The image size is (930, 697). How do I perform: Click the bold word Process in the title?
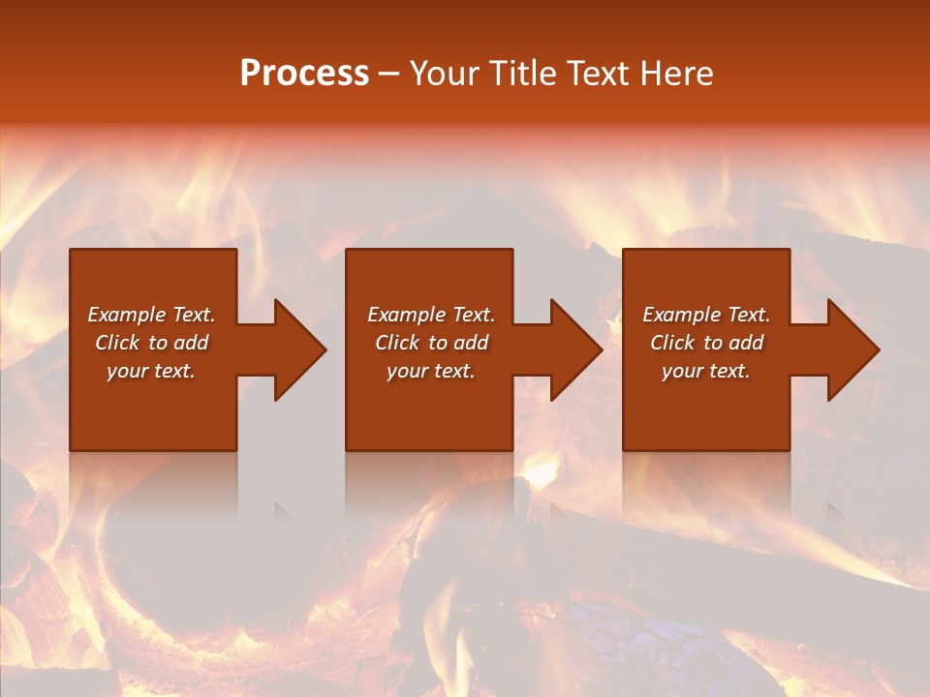(304, 74)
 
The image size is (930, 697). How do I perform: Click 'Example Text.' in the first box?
(151, 315)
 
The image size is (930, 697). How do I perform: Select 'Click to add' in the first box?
(151, 343)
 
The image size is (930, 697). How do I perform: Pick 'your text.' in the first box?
(151, 371)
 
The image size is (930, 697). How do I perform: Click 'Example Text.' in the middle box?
(430, 315)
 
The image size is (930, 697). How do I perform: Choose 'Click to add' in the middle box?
(430, 343)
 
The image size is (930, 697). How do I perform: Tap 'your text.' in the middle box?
(430, 371)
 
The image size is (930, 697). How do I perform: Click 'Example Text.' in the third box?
(706, 315)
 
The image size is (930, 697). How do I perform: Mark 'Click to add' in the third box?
(706, 343)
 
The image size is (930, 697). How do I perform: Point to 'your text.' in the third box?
(706, 371)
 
